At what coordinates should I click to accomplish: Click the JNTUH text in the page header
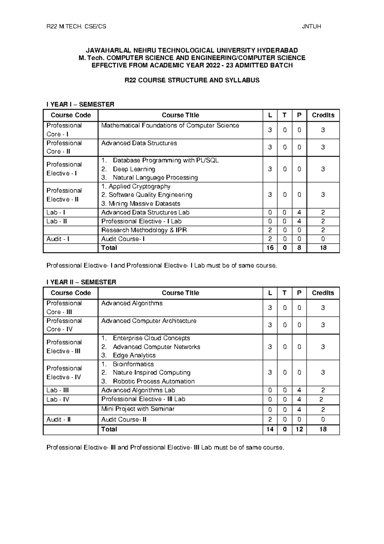[311, 27]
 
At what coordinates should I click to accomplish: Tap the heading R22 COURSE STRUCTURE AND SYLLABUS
[192, 80]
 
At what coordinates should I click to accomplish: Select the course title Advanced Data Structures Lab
[145, 212]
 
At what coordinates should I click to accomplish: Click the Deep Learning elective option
[134, 169]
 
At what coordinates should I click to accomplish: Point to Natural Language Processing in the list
[155, 177]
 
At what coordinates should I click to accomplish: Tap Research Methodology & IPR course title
[144, 230]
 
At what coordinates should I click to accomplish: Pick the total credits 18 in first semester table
[323, 248]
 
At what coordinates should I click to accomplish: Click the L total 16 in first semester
[270, 248]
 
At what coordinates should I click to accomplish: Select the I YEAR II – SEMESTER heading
[81, 282]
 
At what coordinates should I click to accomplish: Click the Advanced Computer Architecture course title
[149, 321]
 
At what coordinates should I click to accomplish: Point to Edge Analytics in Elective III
[134, 355]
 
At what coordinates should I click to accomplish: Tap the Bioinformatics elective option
[133, 364]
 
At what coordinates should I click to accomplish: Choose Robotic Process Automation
[154, 381]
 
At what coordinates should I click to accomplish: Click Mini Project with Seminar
[138, 409]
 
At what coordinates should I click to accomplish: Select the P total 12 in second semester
[299, 429]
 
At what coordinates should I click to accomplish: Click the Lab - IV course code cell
[58, 400]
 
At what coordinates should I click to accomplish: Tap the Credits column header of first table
[323, 115]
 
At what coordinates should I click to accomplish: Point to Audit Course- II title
[124, 420]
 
